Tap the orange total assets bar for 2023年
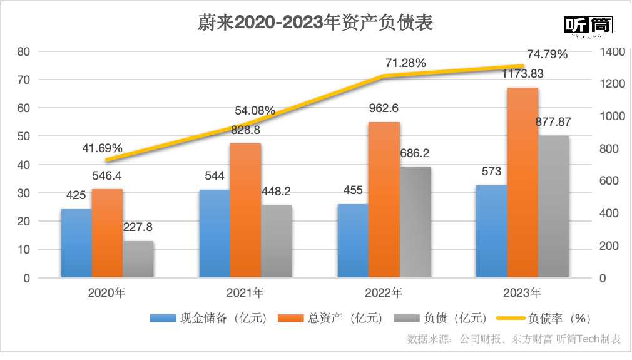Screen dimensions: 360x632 pyautogui.click(x=522, y=182)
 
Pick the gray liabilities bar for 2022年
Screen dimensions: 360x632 pyautogui.click(x=415, y=222)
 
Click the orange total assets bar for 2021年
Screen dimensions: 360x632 pyautogui.click(x=245, y=210)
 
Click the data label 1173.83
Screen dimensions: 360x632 pyautogui.click(x=522, y=74)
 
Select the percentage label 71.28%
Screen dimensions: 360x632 pyautogui.click(x=405, y=63)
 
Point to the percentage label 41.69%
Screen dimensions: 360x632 pyautogui.click(x=103, y=149)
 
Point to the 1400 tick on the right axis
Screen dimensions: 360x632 pyautogui.click(x=611, y=52)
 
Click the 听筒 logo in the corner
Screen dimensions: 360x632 pyautogui.click(x=588, y=26)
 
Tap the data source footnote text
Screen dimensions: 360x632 pyautogui.click(x=513, y=339)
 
